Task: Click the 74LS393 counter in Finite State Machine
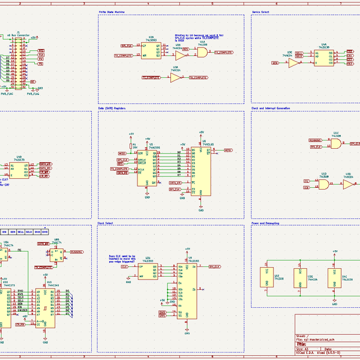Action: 151,50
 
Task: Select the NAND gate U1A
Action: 202,53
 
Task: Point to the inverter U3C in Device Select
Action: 292,62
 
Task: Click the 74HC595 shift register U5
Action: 148,167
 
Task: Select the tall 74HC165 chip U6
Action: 201,171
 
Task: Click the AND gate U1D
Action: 323,185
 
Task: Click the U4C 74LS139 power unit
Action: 335,278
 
